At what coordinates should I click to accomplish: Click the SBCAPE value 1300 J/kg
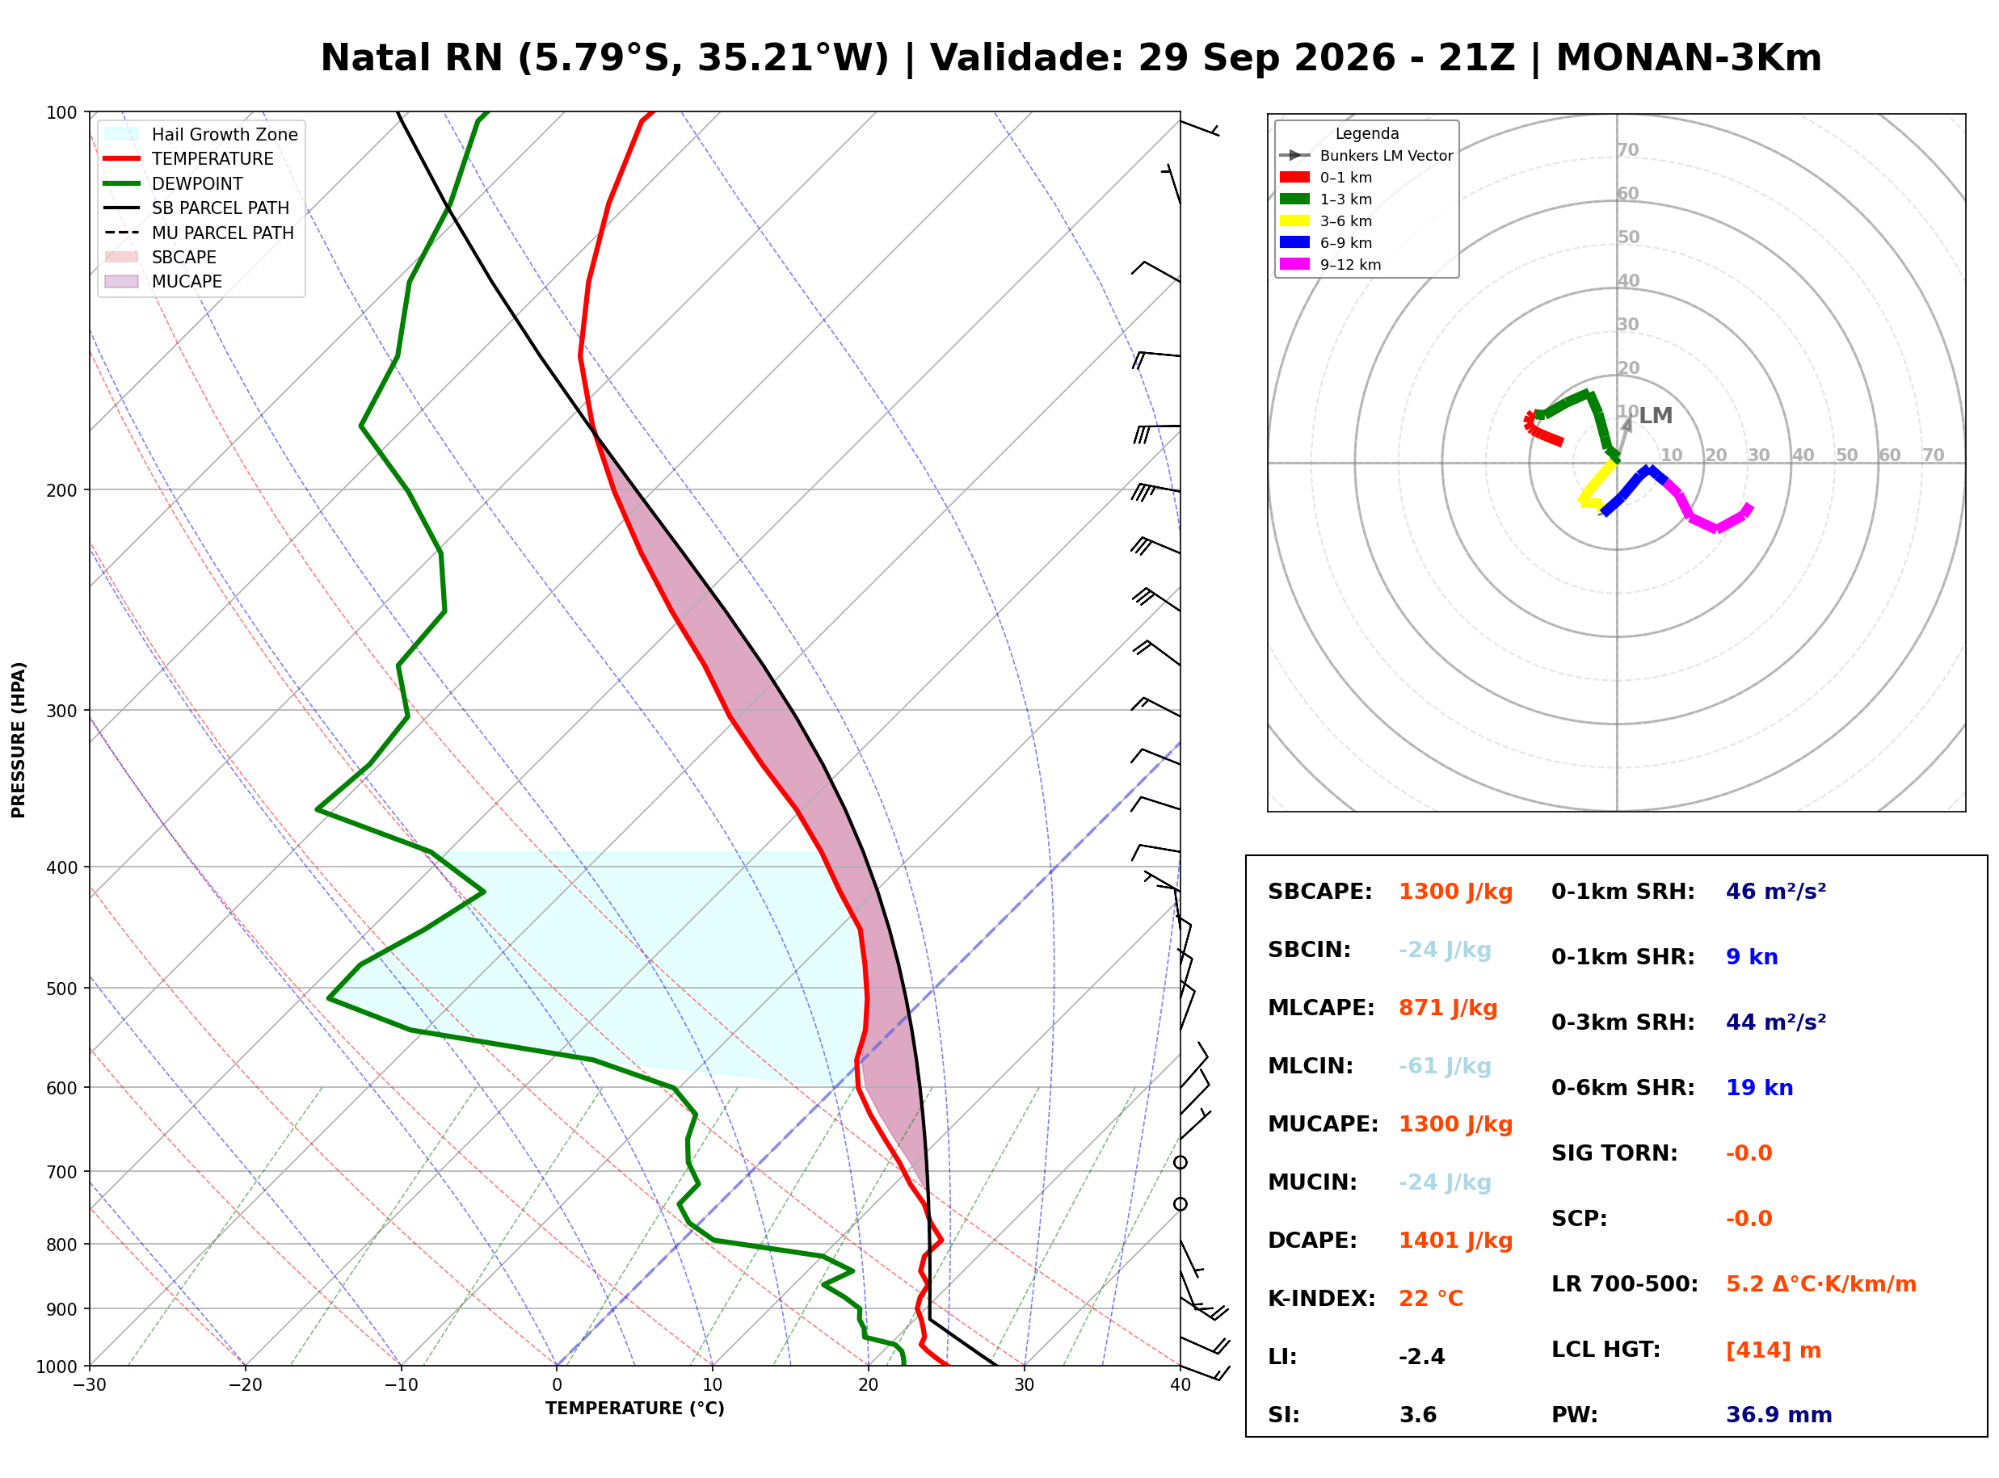coord(1456,892)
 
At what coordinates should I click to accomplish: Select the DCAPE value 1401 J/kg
coord(1456,1241)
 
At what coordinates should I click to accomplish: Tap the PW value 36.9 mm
coord(1779,1415)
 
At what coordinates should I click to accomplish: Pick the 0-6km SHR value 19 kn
coord(1759,1088)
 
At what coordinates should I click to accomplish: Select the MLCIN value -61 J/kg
coord(1446,1066)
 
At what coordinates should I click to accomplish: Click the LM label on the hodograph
coord(1656,415)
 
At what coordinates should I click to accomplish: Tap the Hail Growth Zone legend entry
coord(201,134)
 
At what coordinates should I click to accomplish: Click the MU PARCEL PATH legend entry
coord(199,233)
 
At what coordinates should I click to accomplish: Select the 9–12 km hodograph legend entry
coord(1331,265)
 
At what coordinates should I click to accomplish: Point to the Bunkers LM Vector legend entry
coord(1366,156)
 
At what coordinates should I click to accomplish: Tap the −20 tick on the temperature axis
coord(245,1385)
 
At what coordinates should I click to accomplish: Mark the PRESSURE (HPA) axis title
coord(19,740)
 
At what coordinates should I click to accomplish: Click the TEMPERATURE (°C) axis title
coord(635,1409)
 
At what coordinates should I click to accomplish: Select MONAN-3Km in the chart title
coord(1689,58)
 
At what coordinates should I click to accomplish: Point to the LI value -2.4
coord(1422,1357)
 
